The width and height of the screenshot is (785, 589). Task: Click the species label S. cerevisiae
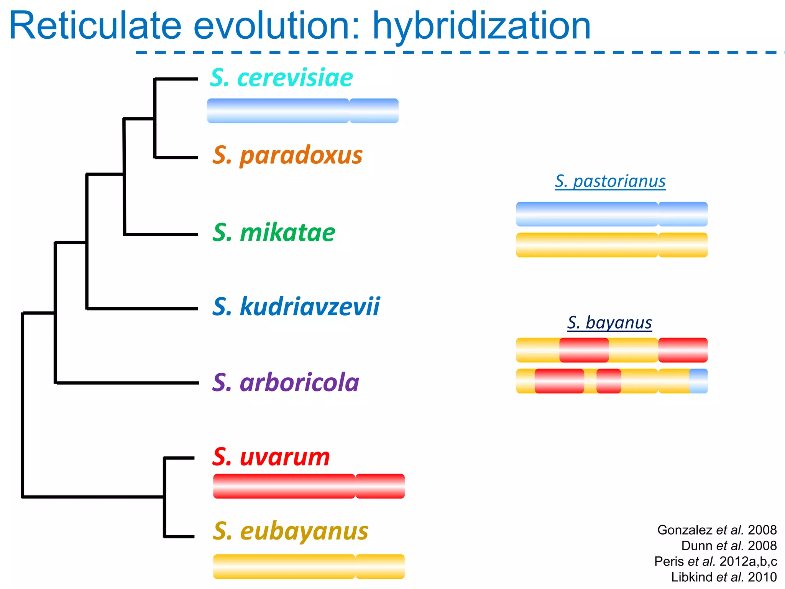coord(281,78)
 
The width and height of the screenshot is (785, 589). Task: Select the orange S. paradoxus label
coord(287,156)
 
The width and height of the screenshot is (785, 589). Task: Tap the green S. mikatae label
coord(274,233)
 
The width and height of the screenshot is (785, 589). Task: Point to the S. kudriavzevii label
coord(296,307)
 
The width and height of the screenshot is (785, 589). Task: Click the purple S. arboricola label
coord(286,383)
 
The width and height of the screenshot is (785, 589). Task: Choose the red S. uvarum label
coord(271,457)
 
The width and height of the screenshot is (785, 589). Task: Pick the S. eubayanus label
coord(291,531)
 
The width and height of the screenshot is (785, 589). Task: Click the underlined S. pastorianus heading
coord(610,181)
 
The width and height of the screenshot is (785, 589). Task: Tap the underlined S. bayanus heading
coord(609,322)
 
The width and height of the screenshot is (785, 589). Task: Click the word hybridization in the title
coord(481,26)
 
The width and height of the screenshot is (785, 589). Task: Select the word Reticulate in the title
coord(95,26)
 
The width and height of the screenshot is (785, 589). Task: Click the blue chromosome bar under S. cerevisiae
coord(302,111)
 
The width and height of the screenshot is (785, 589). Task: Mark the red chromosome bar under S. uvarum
coord(309,486)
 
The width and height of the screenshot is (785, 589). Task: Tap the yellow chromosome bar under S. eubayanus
coord(309,566)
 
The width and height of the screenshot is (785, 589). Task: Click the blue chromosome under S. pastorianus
coord(611,214)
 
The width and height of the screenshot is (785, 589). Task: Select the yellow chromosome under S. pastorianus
coord(611,245)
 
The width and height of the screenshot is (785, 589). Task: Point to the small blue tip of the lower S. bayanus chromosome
coord(698,381)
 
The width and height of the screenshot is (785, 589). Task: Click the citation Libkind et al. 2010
coord(724,577)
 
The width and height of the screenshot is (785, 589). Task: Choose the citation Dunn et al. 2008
coord(729,546)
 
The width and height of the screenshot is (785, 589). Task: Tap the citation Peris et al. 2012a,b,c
coord(715,561)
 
